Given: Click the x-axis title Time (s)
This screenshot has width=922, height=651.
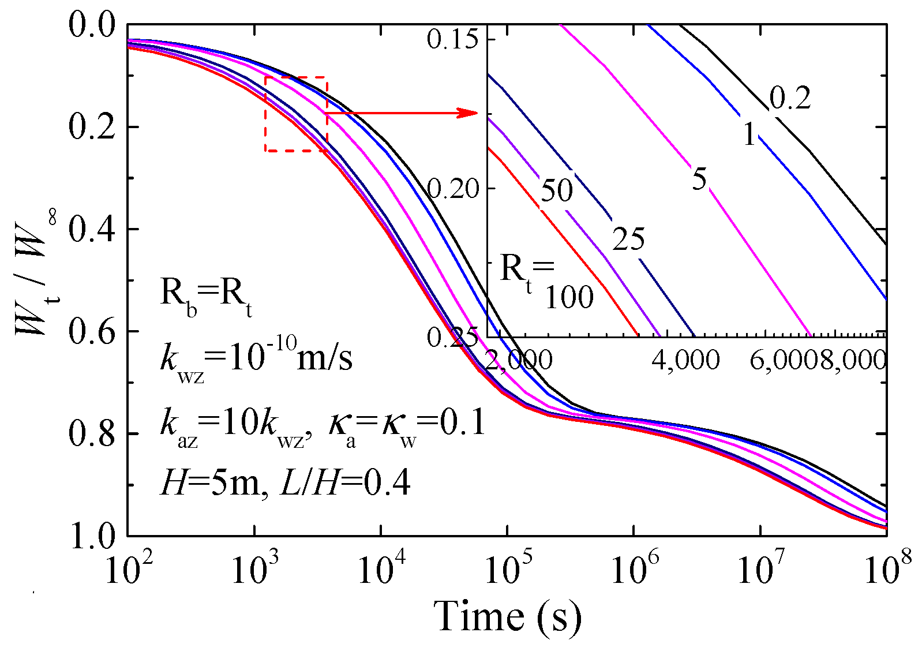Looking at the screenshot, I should pyautogui.click(x=507, y=616).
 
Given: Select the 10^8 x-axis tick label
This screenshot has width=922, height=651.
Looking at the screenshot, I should pyautogui.click(x=886, y=570).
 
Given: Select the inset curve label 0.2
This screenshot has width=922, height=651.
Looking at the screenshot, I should pyautogui.click(x=790, y=99).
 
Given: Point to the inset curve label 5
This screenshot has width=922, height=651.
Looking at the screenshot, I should pyautogui.click(x=699, y=180).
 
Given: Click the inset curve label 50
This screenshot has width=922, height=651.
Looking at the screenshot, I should pyautogui.click(x=557, y=190).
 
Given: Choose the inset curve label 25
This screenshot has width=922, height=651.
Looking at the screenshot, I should pyautogui.click(x=628, y=239).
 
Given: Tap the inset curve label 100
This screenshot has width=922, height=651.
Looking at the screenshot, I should pyautogui.click(x=569, y=298).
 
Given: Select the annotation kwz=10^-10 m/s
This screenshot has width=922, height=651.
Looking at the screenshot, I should pyautogui.click(x=256, y=358).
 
